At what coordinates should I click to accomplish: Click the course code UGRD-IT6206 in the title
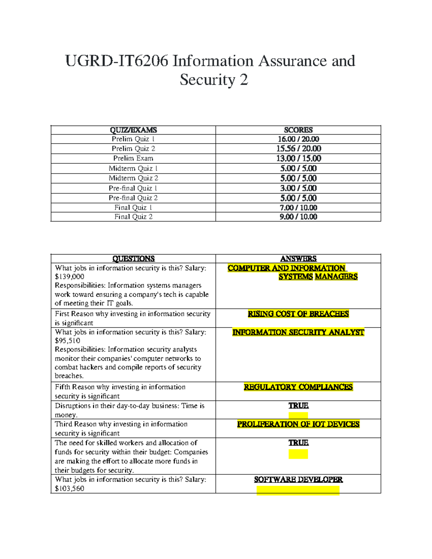click(x=116, y=61)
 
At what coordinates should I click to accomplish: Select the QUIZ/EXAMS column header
click(x=133, y=130)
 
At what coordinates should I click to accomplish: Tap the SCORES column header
click(x=298, y=130)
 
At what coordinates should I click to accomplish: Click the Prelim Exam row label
click(x=133, y=158)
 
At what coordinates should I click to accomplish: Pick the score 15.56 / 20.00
click(x=298, y=149)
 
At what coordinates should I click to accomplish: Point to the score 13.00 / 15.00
click(x=298, y=158)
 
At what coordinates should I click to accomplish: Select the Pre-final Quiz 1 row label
click(x=133, y=188)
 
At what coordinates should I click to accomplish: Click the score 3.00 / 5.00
click(x=298, y=188)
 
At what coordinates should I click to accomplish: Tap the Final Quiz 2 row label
click(x=133, y=217)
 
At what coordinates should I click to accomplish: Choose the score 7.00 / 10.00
click(x=298, y=208)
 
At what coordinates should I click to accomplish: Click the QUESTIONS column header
click(x=133, y=258)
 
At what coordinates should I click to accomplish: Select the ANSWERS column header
click(x=298, y=258)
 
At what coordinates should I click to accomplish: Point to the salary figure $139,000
click(x=69, y=277)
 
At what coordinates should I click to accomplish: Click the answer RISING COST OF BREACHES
click(x=298, y=314)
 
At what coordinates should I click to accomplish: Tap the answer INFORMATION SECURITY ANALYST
click(x=298, y=332)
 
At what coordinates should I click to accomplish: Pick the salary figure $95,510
click(x=67, y=341)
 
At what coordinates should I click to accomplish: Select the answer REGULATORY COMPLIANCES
click(x=298, y=387)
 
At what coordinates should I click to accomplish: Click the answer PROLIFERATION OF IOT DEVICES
click(x=298, y=424)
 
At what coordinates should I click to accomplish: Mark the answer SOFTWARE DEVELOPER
click(x=298, y=479)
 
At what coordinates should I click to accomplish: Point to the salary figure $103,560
click(x=69, y=489)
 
